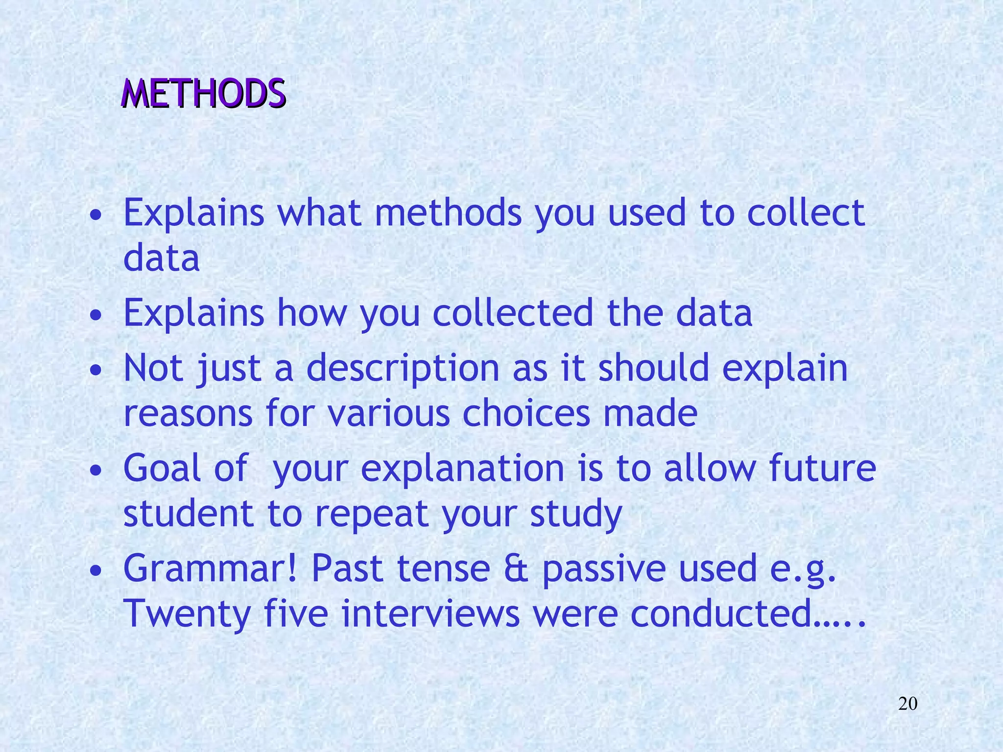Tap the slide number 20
click(907, 704)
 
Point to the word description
click(403, 368)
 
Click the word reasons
click(188, 413)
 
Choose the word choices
click(526, 413)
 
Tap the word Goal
click(162, 468)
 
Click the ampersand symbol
click(516, 568)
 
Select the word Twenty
click(187, 614)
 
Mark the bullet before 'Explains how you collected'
click(97, 315)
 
